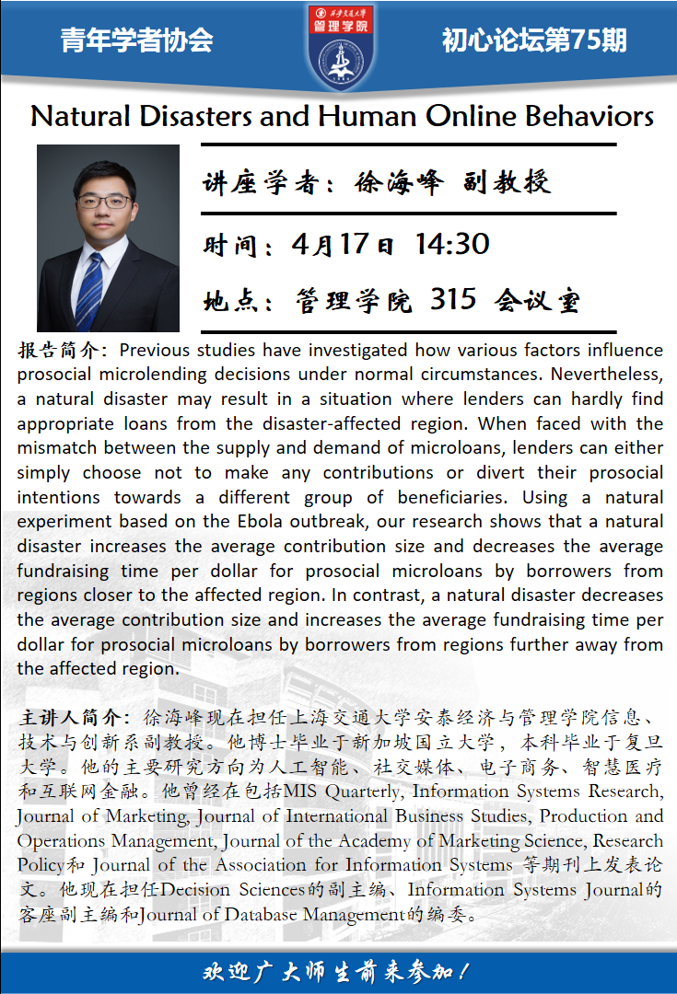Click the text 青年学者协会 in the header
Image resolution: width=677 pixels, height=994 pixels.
click(x=136, y=40)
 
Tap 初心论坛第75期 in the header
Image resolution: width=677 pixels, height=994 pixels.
click(x=533, y=40)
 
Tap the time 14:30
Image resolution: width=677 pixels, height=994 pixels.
click(x=452, y=244)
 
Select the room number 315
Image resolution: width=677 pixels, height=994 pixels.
click(x=454, y=299)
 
